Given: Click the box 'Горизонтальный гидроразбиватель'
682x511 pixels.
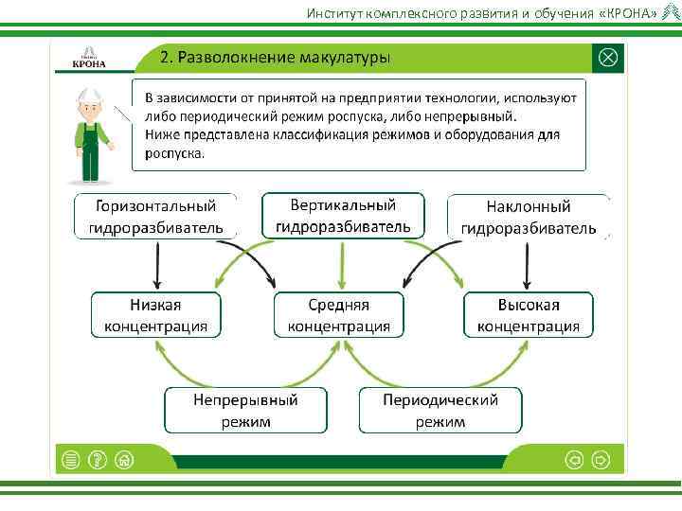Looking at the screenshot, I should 156,217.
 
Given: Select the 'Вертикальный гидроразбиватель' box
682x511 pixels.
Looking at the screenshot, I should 343,216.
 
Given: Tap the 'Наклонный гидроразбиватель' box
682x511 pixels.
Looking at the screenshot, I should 528,217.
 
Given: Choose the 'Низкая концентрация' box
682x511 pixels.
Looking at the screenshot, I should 155,315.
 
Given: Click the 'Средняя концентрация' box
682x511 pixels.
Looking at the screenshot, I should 339,315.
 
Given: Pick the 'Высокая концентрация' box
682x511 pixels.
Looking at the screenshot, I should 529,315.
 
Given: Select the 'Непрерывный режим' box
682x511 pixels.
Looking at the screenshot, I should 246,411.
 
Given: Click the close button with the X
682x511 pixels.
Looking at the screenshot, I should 607,58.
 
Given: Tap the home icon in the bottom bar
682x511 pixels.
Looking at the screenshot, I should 123,460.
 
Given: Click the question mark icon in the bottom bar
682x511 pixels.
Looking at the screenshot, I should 96,460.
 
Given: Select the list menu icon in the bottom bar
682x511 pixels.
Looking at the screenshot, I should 69,460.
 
